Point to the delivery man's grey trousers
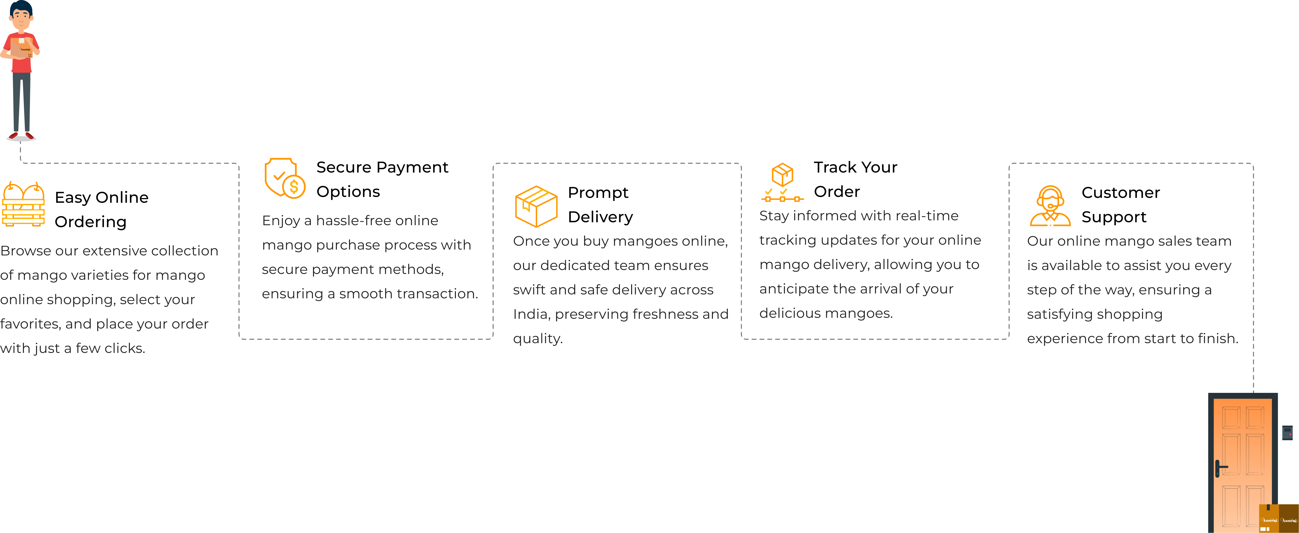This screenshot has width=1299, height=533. click(22, 101)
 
